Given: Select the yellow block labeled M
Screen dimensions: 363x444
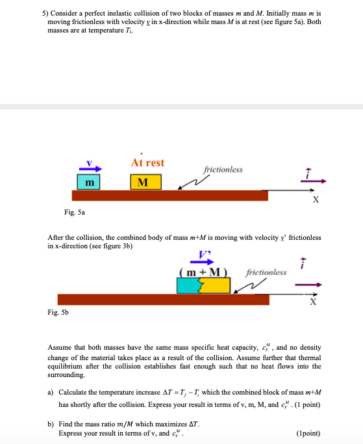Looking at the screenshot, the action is [x=145, y=181].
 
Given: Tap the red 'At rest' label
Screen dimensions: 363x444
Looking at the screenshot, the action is [x=147, y=163].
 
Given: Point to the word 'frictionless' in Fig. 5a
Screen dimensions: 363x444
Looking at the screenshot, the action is [x=223, y=170].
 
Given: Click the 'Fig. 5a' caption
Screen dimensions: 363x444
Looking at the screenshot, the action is [x=75, y=212].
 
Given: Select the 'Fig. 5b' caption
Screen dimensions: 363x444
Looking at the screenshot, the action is [x=58, y=312].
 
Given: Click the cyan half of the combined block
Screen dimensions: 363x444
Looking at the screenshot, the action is [x=188, y=285].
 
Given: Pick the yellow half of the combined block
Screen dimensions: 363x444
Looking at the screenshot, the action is [x=217, y=285].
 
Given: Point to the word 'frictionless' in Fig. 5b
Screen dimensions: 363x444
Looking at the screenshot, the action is [x=266, y=272].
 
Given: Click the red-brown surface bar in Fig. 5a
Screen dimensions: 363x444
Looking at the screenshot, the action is [x=169, y=195].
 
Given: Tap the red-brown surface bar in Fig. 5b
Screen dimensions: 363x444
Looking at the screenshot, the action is [x=163, y=299].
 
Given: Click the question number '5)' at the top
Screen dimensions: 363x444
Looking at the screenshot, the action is [x=45, y=12].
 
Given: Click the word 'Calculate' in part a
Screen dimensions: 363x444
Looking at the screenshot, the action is [x=75, y=393].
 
